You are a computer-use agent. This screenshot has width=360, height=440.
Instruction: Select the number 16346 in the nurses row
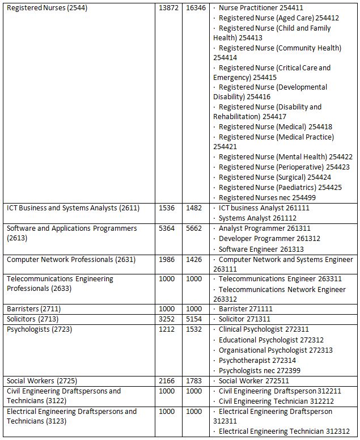tap(196, 8)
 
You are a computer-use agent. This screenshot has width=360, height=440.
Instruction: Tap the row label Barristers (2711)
tap(33, 309)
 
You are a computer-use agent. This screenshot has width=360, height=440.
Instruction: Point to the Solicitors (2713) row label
tap(32, 319)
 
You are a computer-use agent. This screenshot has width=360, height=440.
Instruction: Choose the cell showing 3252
tap(167, 319)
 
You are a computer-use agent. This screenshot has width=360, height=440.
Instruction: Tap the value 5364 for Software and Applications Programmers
tap(167, 229)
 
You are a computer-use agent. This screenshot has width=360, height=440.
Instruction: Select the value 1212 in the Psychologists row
tap(167, 329)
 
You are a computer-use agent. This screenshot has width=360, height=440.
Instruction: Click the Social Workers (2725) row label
tap(39, 380)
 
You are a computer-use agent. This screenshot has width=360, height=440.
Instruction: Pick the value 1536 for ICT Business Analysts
tap(167, 208)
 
